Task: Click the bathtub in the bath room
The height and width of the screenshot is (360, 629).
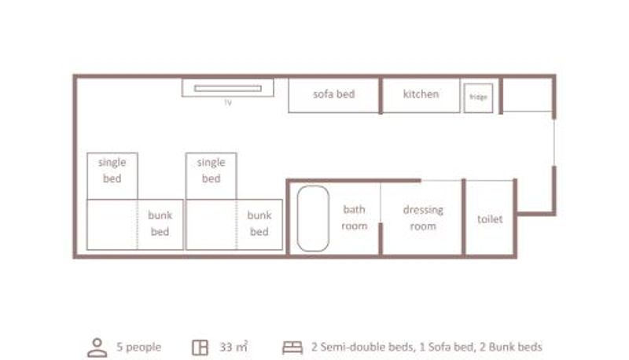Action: click(313, 219)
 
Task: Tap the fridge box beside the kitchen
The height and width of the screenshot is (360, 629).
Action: click(478, 97)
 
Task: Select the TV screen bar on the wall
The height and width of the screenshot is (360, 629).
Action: click(228, 89)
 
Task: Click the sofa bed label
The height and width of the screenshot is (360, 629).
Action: click(333, 94)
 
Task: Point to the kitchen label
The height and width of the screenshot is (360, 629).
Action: click(421, 94)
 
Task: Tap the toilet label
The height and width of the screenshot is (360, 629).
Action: click(490, 219)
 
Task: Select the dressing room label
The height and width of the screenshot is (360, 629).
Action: click(423, 218)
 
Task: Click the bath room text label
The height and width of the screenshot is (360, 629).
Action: click(355, 218)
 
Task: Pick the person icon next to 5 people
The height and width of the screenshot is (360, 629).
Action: click(97, 347)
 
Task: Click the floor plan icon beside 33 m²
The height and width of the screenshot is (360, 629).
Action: click(200, 347)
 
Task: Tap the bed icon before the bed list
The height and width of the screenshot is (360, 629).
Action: click(292, 347)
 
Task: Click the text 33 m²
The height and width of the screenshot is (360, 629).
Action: click(234, 347)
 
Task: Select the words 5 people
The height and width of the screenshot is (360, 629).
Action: click(139, 347)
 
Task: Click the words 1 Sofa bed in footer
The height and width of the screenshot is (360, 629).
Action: click(446, 347)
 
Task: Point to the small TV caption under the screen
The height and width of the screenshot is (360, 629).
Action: click(228, 103)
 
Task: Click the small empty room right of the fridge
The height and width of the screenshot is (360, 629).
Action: click(527, 94)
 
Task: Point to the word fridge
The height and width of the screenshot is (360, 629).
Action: click(478, 97)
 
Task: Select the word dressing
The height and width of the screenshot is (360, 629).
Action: click(423, 211)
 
